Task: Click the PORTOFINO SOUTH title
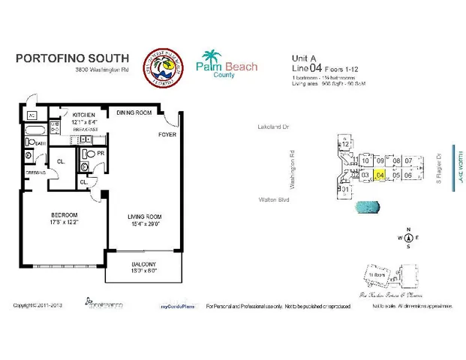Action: coord(72,58)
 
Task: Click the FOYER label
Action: coord(166,136)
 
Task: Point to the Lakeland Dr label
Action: coord(272,127)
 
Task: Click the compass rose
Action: coord(407,238)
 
